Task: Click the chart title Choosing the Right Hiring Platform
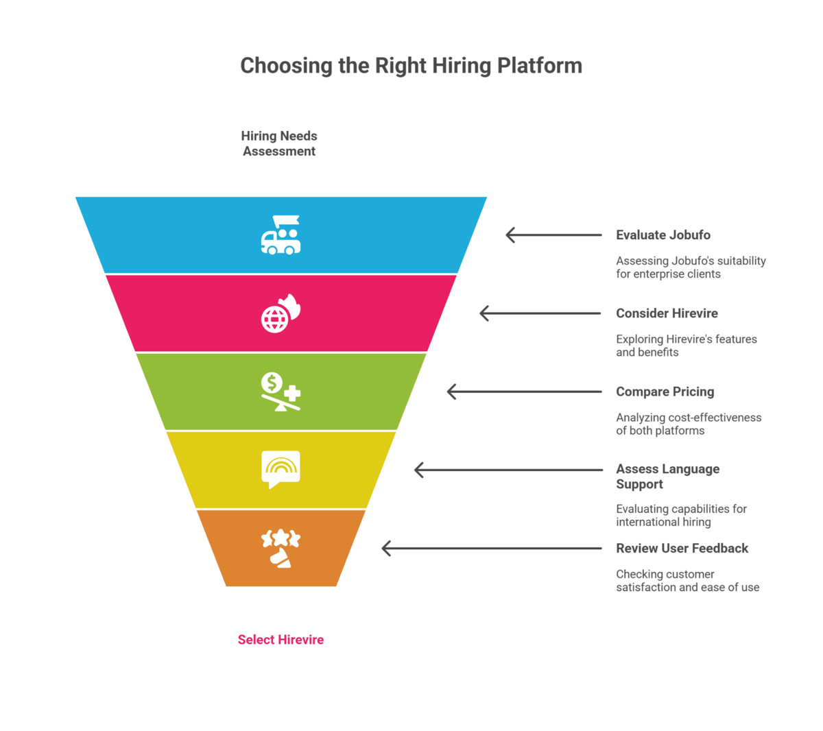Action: (x=411, y=66)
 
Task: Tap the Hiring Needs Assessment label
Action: (x=279, y=143)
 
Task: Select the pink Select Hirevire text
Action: (x=281, y=640)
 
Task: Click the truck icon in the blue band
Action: (x=281, y=235)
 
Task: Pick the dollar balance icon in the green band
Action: (x=281, y=392)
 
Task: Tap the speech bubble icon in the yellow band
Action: (x=281, y=469)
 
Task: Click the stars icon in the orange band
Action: (x=281, y=548)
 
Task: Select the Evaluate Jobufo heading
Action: (x=663, y=235)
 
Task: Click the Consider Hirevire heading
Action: (x=667, y=313)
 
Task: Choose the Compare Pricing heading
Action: (x=665, y=392)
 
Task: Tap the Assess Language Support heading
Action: (x=667, y=477)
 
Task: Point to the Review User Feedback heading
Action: (x=682, y=549)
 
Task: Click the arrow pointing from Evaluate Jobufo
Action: (x=553, y=235)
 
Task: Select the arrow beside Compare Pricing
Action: (x=524, y=392)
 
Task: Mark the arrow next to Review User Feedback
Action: (x=492, y=549)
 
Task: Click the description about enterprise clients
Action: (x=691, y=267)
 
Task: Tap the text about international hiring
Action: (x=681, y=515)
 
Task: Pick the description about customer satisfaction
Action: (x=687, y=581)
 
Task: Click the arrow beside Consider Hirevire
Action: (x=540, y=313)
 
